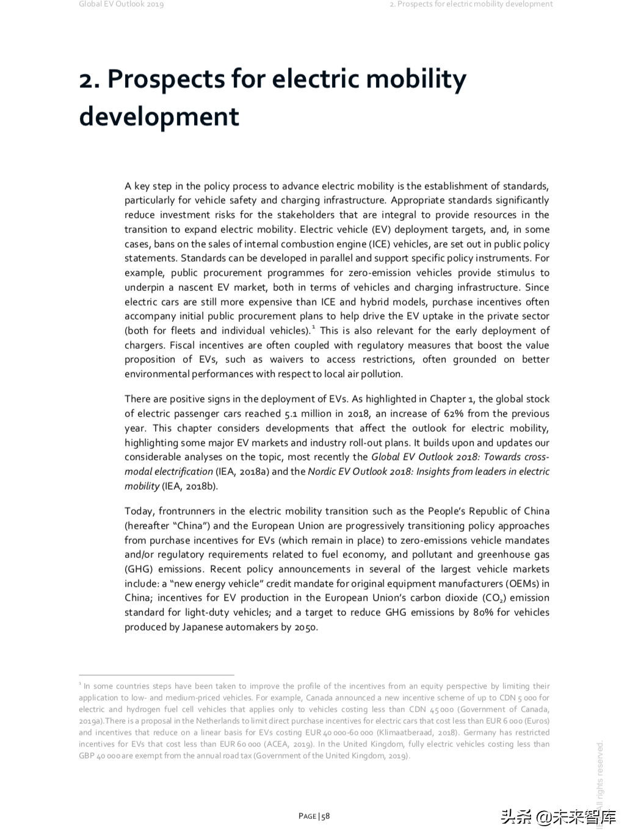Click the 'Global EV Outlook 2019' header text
(121, 4)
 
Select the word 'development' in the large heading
(159, 116)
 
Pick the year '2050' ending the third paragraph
(305, 627)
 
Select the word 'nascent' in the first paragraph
(194, 287)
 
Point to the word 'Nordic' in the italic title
(322, 471)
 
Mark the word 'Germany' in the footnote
(480, 732)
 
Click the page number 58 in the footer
(326, 816)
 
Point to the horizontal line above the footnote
(156, 675)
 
